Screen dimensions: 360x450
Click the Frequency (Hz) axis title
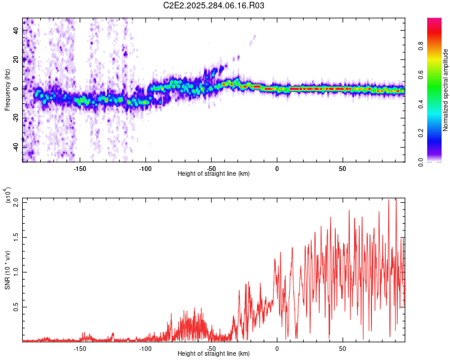click(x=7, y=90)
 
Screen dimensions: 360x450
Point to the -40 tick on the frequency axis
click(x=16, y=147)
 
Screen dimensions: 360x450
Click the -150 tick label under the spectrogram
click(x=80, y=169)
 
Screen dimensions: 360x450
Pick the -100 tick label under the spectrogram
click(x=146, y=169)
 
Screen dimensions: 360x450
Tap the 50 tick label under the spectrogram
click(x=342, y=169)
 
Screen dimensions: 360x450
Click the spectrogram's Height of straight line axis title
click(x=214, y=174)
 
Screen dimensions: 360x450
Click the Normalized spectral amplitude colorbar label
click(x=445, y=90)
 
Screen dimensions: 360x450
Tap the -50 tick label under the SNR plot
click(x=211, y=348)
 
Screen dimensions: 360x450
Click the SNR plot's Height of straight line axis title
click(x=214, y=354)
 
